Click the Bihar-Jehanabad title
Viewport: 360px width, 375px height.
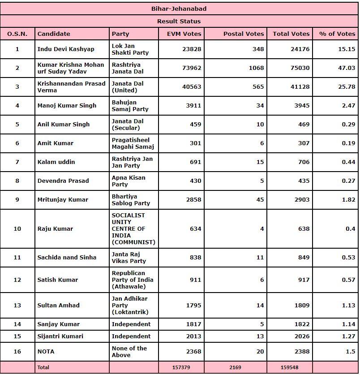(x=179, y=9)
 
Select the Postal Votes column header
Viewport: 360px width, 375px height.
(x=244, y=34)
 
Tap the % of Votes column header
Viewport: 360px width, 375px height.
(x=337, y=34)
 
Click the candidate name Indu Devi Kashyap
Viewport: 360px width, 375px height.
(x=66, y=49)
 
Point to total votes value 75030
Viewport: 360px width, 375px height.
(x=300, y=68)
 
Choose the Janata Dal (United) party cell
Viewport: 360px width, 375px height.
(x=128, y=87)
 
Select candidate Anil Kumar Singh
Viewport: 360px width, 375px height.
(x=64, y=125)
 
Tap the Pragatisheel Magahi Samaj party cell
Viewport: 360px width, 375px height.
(x=133, y=143)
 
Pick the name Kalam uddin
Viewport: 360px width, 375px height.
(x=56, y=162)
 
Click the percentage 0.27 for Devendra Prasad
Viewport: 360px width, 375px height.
(x=348, y=181)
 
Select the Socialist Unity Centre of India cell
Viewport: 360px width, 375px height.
(x=133, y=229)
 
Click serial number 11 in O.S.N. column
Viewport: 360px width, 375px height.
(x=17, y=258)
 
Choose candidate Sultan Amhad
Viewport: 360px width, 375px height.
(x=59, y=306)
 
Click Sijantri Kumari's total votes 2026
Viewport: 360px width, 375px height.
(x=302, y=336)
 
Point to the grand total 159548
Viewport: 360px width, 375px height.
(x=290, y=367)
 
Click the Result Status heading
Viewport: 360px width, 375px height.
(x=179, y=21)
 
